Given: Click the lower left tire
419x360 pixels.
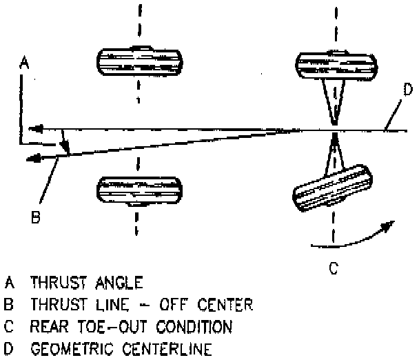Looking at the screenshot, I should click(x=139, y=191).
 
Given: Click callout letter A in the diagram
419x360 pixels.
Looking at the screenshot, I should click(x=23, y=63).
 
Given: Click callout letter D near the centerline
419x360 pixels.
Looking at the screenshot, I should click(x=407, y=89).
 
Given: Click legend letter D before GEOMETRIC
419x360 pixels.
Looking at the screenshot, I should click(x=9, y=348).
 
